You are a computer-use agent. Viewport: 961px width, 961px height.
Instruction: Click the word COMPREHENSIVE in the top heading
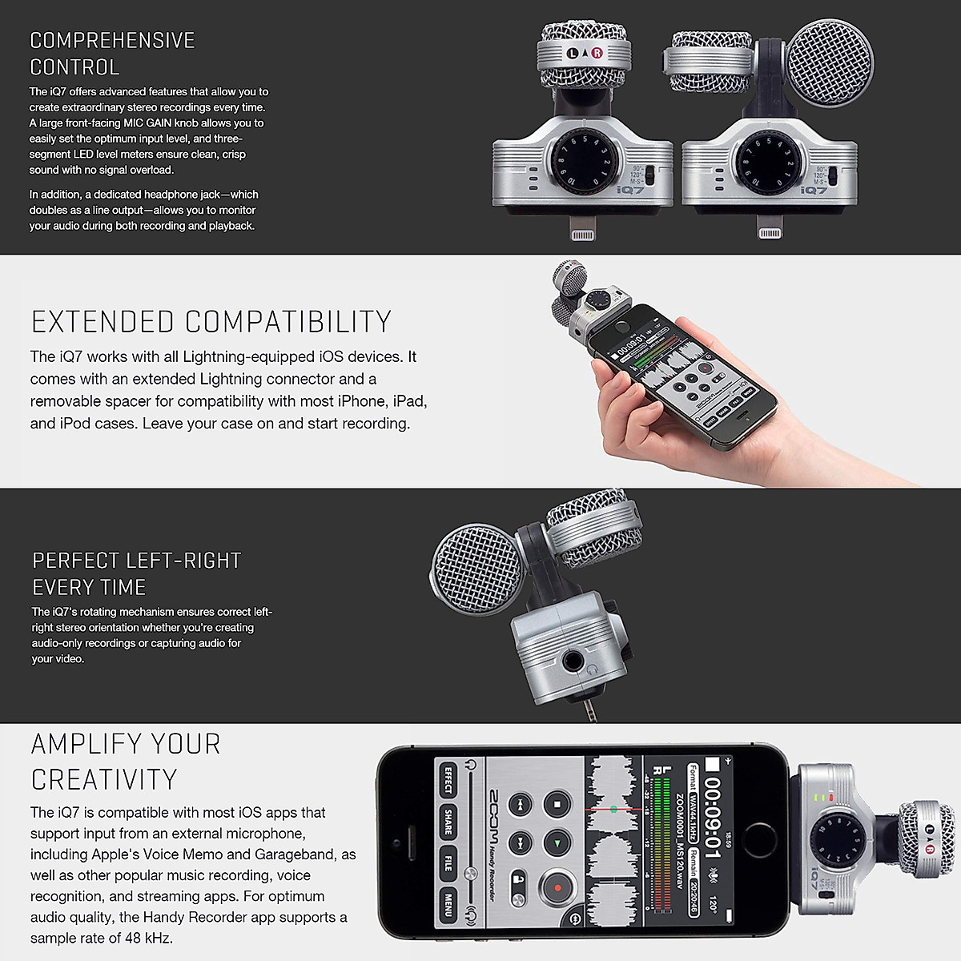pos(112,41)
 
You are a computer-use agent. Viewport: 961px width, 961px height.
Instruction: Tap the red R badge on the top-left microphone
pos(597,54)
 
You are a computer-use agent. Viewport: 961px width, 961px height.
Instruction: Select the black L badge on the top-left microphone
pos(573,54)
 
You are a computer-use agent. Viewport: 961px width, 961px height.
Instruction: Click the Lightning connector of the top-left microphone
pos(583,232)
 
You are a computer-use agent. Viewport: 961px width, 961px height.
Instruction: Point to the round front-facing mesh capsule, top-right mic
pos(828,63)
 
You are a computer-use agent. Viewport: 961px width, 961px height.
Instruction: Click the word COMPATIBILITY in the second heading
pos(288,322)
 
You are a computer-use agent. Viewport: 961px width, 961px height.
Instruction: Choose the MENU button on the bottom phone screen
pos(448,904)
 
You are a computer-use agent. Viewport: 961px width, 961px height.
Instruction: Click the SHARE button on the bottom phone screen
pos(448,822)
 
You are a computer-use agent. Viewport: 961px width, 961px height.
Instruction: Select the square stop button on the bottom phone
pos(556,803)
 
